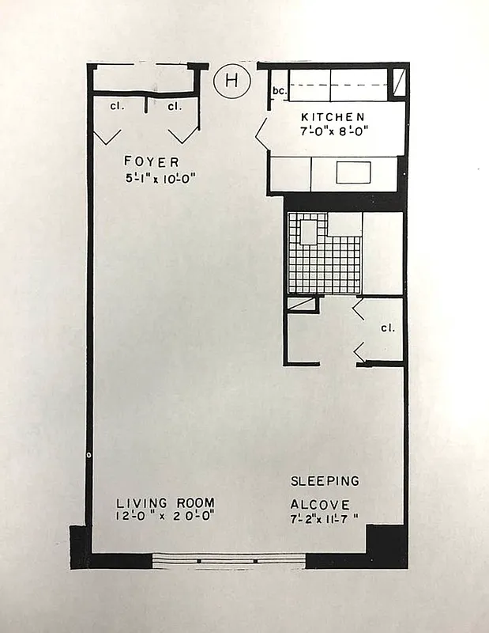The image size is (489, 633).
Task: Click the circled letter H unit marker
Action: [x=231, y=81]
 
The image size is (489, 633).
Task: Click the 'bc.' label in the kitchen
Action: [x=278, y=91]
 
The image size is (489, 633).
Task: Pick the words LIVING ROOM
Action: [x=165, y=503]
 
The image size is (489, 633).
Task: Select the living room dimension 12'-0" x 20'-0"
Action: [x=165, y=517]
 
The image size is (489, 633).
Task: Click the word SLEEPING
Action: [x=325, y=480]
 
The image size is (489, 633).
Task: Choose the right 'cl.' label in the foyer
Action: [x=175, y=105]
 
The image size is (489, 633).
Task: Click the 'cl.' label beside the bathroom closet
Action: [x=387, y=327]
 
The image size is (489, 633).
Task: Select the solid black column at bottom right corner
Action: [x=387, y=546]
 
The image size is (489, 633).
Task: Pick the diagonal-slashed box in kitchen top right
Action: [x=401, y=81]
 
